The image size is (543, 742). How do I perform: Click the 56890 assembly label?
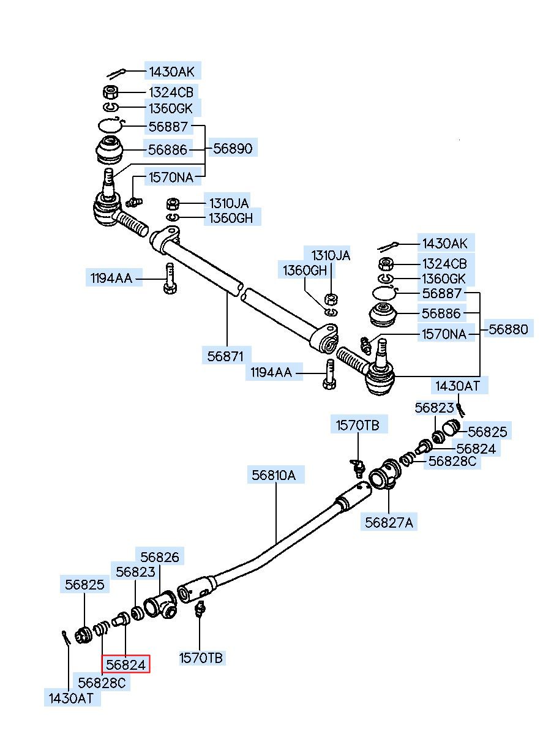233,148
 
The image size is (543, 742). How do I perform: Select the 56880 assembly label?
508,329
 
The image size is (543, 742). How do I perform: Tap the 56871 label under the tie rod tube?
225,356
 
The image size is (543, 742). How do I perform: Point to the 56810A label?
273,475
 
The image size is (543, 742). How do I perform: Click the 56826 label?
160,557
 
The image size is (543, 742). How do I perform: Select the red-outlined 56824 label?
126,664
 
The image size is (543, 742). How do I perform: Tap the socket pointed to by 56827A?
385,474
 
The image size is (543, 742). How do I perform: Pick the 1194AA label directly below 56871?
271,372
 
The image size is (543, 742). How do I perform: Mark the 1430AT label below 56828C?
71,698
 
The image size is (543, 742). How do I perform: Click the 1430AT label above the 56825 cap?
457,386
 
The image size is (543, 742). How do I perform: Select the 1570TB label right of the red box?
201,658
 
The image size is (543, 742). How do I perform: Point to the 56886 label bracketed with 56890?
167,150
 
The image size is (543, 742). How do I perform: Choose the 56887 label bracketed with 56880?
441,293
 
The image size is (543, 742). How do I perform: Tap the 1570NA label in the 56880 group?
444,334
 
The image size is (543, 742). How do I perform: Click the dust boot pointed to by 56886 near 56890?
110,150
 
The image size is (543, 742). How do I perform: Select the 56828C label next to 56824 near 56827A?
452,461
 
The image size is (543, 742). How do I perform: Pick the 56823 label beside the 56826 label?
135,572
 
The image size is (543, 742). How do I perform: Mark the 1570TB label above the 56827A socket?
358,425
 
